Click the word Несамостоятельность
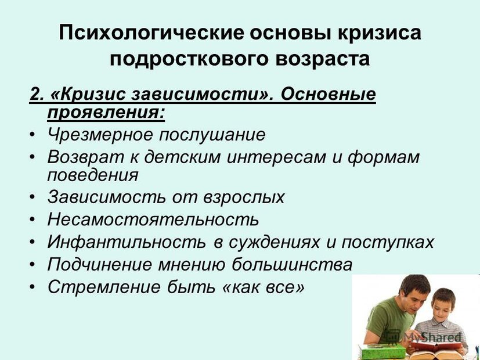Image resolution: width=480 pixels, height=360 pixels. pos(153,219)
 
